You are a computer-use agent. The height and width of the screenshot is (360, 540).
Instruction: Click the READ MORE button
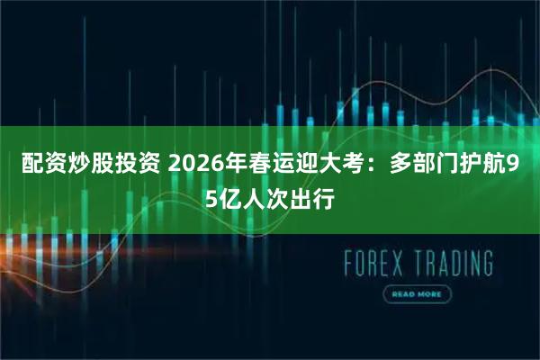point(416,294)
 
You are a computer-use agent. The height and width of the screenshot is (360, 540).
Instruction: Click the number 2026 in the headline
point(192,166)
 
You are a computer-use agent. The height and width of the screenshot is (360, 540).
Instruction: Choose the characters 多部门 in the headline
point(418,166)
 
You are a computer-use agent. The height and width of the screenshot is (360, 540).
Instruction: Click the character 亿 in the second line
point(229,199)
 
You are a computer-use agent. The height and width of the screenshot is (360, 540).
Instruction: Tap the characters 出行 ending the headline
point(316,199)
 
